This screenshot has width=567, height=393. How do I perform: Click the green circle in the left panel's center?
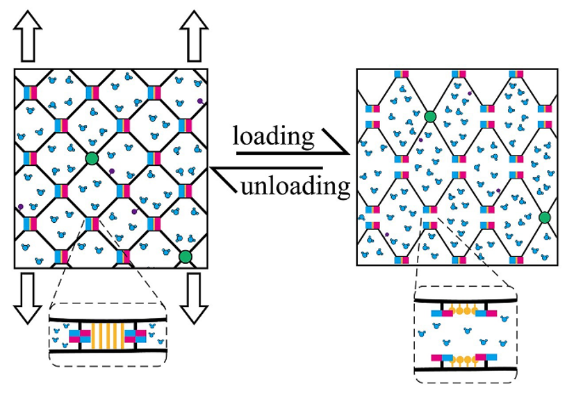tap(92, 160)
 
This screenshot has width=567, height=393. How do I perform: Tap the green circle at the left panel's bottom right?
tap(185, 258)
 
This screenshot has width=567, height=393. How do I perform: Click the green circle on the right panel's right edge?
tap(545, 218)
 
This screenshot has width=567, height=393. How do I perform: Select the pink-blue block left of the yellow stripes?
tap(80, 336)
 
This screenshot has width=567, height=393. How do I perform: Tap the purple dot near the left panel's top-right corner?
tap(200, 101)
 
